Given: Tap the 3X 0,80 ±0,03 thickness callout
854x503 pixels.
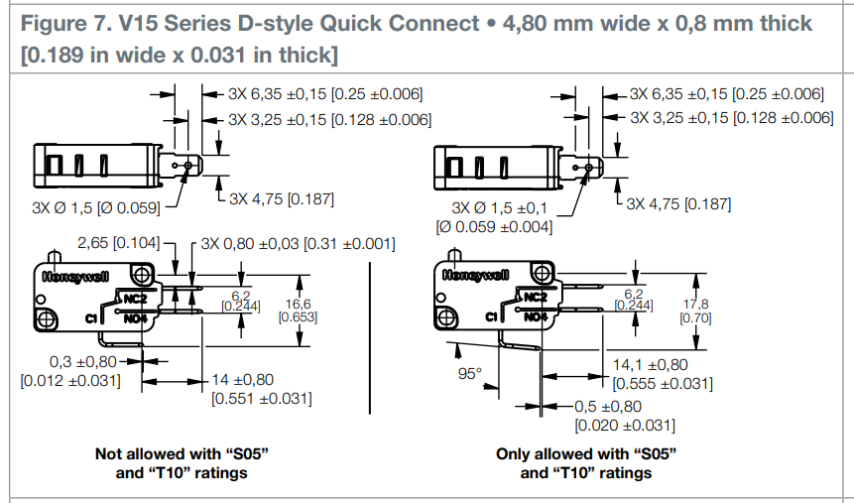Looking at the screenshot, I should point(298,243).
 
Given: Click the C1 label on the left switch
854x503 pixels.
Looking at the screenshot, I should point(91,317).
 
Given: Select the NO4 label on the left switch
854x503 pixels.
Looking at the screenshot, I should point(137,318).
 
